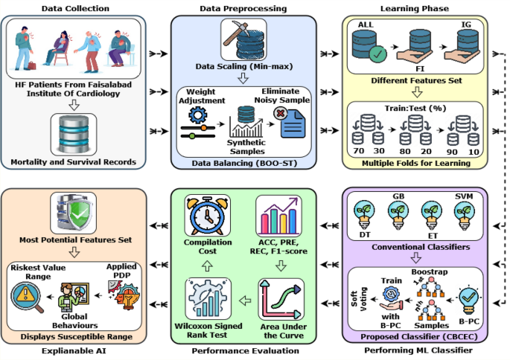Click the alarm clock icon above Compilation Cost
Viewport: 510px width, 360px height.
pyautogui.click(x=211, y=217)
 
